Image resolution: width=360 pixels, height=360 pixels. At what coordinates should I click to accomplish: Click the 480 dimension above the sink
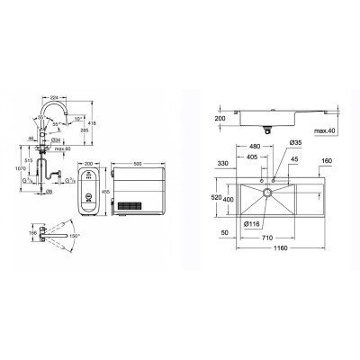(x=255, y=146)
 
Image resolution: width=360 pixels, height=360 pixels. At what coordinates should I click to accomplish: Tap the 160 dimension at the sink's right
(x=326, y=162)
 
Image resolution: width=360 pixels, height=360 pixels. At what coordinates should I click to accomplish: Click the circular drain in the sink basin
(x=266, y=193)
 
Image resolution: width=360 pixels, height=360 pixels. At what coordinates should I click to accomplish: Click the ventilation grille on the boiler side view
(x=138, y=202)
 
